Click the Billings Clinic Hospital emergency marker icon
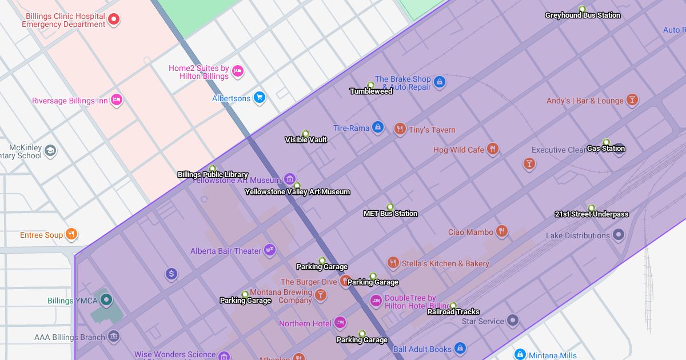point(114,20)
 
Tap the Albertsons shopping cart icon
point(260,98)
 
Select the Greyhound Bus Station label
point(582,15)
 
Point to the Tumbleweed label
point(371,91)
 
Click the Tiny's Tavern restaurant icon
point(400,129)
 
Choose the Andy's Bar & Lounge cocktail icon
point(632,100)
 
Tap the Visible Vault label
point(306,139)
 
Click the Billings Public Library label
point(213,175)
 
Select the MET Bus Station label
point(390,214)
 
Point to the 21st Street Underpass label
point(592,214)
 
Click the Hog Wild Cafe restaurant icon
point(493,149)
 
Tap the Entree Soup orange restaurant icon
point(71,234)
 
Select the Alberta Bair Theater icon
point(270,250)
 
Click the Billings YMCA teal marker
point(106,299)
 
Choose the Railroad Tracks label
point(453,312)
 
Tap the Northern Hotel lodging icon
point(340,323)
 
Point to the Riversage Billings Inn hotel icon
point(117,100)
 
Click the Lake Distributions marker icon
point(618,235)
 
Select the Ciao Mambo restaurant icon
point(502,231)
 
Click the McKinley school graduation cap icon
point(50,151)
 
